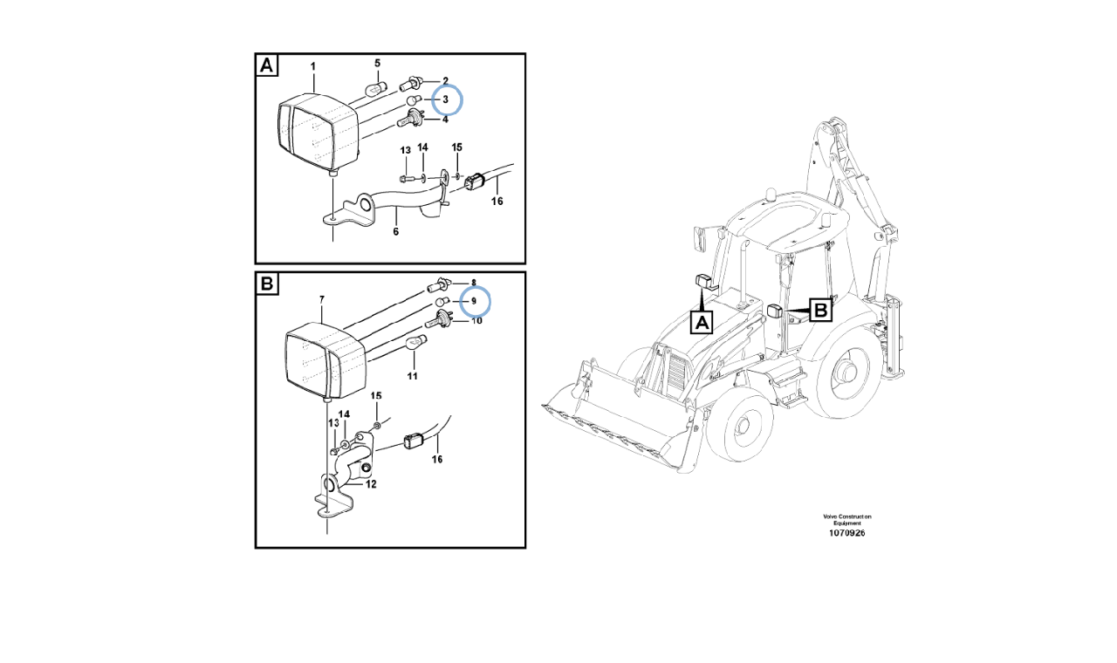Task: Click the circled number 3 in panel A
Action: tap(445, 100)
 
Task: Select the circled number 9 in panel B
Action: tap(474, 302)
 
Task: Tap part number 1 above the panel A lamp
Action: tap(313, 67)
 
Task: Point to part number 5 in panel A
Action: tap(377, 64)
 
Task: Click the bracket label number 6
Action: tap(395, 232)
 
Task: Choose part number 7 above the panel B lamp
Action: tap(321, 300)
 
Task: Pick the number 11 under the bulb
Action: tap(412, 376)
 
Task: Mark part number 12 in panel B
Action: tap(371, 484)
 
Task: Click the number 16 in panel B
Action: tap(437, 459)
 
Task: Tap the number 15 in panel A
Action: tap(456, 147)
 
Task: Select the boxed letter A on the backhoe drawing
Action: tap(702, 323)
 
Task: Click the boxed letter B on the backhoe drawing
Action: tap(820, 310)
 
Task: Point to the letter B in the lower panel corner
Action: tap(267, 284)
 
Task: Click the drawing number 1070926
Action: tap(841, 533)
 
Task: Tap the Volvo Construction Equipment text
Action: tap(841, 519)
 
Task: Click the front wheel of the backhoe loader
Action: tap(740, 427)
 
